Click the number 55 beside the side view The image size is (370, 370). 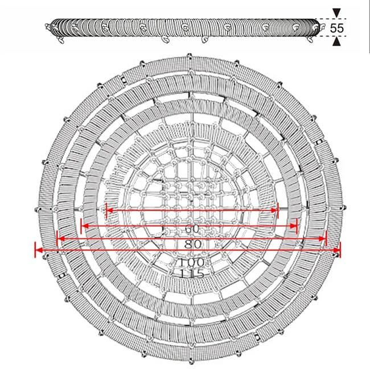[x=337, y=28]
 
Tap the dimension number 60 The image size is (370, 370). [x=192, y=229]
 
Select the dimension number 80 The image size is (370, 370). [x=192, y=244]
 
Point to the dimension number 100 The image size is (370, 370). [x=191, y=262]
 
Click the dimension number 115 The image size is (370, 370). [x=191, y=274]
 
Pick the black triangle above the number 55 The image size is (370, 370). [x=337, y=13]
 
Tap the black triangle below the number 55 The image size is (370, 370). [x=337, y=42]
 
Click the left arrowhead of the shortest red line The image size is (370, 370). [x=110, y=210]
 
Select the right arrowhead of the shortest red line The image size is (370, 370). [x=274, y=210]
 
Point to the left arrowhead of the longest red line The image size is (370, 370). [x=39, y=250]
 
